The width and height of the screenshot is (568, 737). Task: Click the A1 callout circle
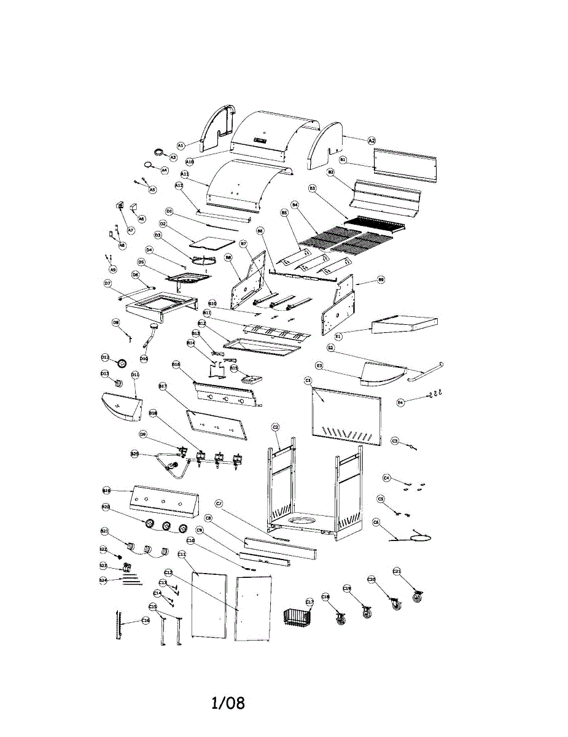(x=181, y=146)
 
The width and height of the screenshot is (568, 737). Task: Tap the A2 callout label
(x=372, y=141)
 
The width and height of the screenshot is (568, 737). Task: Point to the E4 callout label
(x=400, y=402)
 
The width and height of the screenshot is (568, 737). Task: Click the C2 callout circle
(x=276, y=427)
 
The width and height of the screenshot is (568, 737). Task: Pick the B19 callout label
(x=106, y=491)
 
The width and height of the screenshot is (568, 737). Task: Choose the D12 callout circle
(x=105, y=357)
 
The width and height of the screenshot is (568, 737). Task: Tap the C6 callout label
(x=376, y=522)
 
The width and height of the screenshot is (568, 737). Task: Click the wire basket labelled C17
(x=297, y=617)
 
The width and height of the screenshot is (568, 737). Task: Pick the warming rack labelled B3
(x=375, y=223)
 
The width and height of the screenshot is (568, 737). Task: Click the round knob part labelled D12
(x=123, y=362)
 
